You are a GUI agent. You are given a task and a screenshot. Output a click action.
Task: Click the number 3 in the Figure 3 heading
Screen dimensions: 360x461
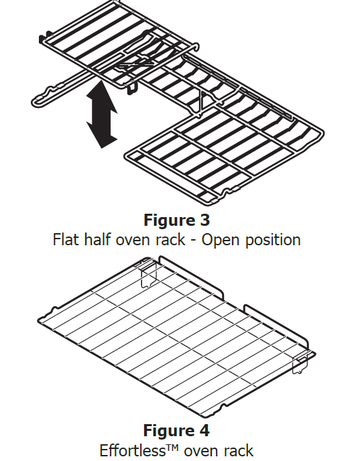coord(204,220)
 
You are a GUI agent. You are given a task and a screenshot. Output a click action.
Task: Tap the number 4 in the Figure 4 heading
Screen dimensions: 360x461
coord(204,430)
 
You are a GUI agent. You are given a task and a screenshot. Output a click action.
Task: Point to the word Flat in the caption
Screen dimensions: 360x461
coord(66,239)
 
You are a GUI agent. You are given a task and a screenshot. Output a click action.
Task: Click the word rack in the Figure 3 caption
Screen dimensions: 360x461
coord(171,239)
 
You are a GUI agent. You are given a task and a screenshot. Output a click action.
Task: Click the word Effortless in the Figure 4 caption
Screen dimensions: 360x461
coord(135,450)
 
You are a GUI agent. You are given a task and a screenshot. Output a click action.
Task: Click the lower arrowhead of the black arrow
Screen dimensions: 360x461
coord(102,136)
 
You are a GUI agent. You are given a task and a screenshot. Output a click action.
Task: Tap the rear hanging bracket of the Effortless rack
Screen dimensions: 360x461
coord(149,275)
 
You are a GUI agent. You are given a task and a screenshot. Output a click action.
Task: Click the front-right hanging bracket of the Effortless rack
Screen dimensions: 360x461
coord(300,363)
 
